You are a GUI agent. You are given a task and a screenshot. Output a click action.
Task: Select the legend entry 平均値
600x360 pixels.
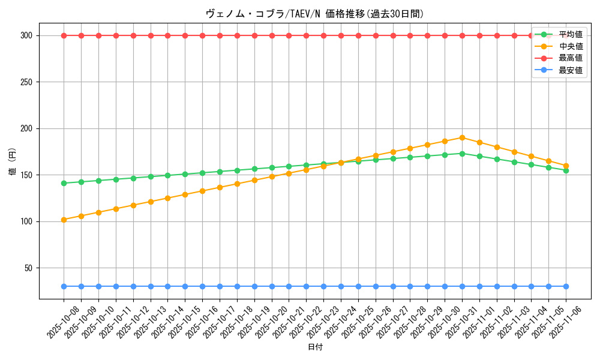(570, 34)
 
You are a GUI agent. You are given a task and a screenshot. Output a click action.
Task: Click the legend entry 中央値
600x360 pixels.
(570, 46)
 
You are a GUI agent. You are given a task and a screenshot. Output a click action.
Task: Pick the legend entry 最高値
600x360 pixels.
(570, 58)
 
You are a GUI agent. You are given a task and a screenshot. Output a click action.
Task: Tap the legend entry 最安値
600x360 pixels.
(570, 70)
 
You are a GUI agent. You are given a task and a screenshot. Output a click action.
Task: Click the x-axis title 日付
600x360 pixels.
(315, 347)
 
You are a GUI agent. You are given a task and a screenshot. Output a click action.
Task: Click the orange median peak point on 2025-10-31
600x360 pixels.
(462, 137)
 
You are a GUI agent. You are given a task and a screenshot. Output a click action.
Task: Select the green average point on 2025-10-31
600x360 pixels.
(462, 154)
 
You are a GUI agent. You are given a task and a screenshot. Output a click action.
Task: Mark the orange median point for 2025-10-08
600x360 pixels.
(64, 220)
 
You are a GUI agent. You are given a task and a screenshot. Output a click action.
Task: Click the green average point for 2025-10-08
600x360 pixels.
(64, 183)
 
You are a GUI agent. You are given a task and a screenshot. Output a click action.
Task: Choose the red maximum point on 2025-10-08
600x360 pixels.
(64, 35)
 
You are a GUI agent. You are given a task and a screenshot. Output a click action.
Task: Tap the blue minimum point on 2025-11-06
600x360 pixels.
(566, 286)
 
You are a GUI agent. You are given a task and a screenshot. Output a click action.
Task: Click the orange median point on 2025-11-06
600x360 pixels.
(566, 166)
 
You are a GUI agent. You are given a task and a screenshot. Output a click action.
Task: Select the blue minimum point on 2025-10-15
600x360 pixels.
(185, 286)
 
